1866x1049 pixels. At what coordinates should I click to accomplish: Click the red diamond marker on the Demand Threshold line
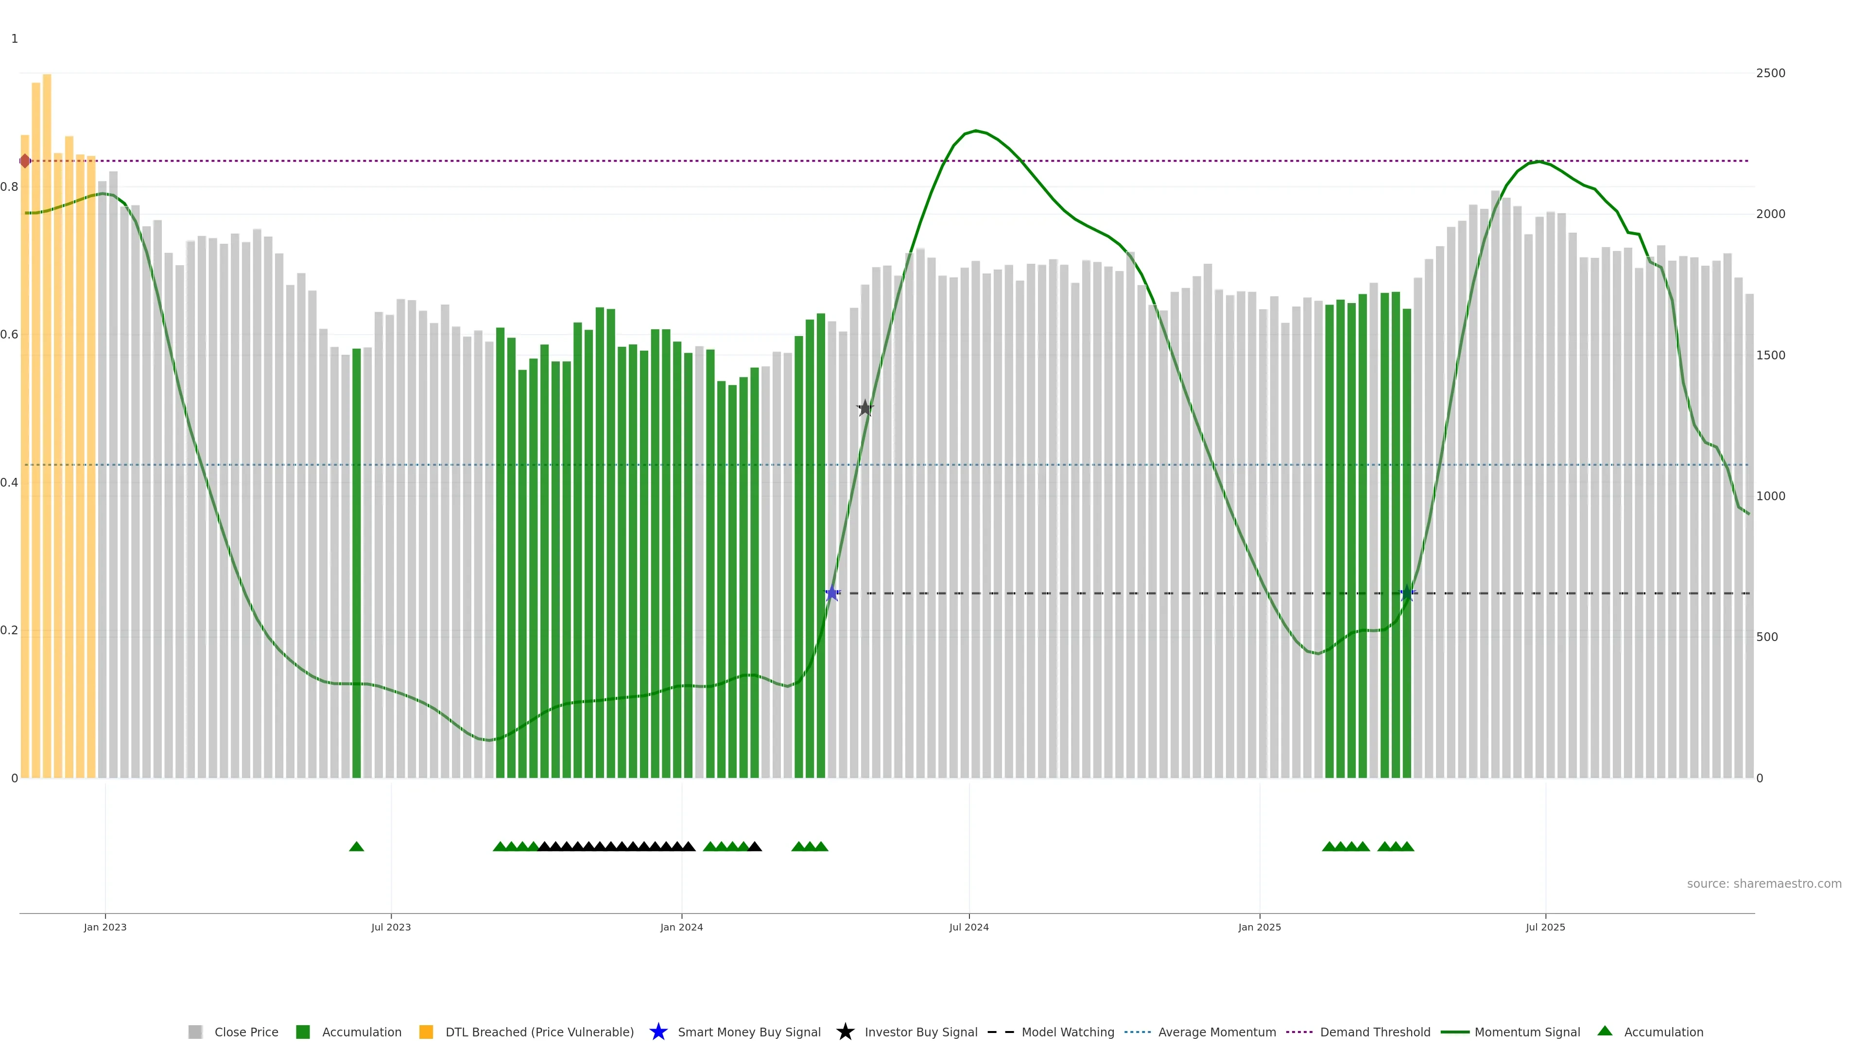point(25,161)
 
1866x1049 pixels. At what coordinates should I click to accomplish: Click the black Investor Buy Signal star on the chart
point(865,408)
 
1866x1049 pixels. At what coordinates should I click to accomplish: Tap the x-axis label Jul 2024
point(968,928)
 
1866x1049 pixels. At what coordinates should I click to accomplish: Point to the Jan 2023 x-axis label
point(105,928)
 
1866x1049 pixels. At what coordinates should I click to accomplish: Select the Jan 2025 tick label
point(1259,928)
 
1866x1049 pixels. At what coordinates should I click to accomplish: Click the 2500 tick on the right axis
point(1770,73)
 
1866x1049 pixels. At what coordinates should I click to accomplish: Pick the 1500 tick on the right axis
point(1770,355)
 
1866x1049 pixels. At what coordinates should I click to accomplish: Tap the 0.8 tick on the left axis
point(9,187)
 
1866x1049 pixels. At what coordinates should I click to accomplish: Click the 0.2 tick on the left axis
point(9,630)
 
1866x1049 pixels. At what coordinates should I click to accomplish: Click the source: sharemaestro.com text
point(1764,884)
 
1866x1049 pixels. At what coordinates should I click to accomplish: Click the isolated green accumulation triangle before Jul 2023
point(356,846)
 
